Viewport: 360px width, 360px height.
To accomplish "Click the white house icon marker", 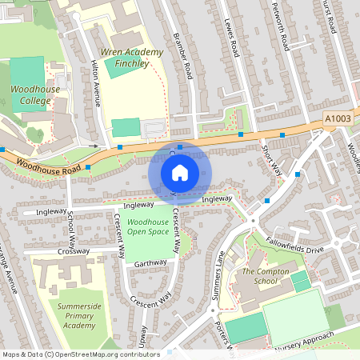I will tap(180, 172).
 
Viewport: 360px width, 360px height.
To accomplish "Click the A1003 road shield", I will tap(338, 118).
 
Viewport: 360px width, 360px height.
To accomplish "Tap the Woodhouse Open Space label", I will tap(148, 226).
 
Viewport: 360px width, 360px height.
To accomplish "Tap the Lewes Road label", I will tap(232, 38).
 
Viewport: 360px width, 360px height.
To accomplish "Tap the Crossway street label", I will tap(74, 251).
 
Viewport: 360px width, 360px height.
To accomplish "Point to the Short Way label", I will tap(273, 159).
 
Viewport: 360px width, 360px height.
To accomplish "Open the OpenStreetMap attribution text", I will tap(81, 354).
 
